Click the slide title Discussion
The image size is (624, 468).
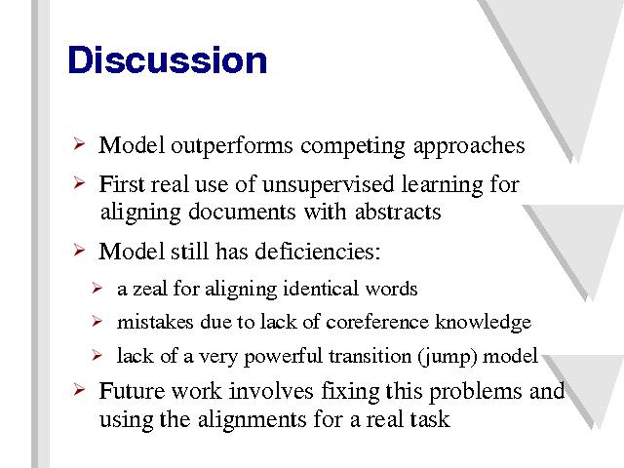pyautogui.click(x=167, y=59)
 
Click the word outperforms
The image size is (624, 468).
pyautogui.click(x=232, y=146)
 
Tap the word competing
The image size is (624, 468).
pyautogui.click(x=353, y=146)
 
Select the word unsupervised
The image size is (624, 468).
pyautogui.click(x=328, y=185)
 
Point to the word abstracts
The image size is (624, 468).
pyautogui.click(x=398, y=212)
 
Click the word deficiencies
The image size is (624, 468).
pyautogui.click(x=318, y=252)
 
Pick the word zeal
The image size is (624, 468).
pyautogui.click(x=149, y=289)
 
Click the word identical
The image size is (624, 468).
pyautogui.click(x=321, y=289)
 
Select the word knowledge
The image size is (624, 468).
pyautogui.click(x=484, y=323)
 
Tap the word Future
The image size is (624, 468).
pyautogui.click(x=132, y=391)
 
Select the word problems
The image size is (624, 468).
pyautogui.click(x=475, y=392)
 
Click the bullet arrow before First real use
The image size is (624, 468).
pyautogui.click(x=79, y=183)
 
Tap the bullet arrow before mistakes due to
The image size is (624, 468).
pyautogui.click(x=97, y=321)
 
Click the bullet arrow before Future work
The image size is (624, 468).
pyautogui.click(x=79, y=390)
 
